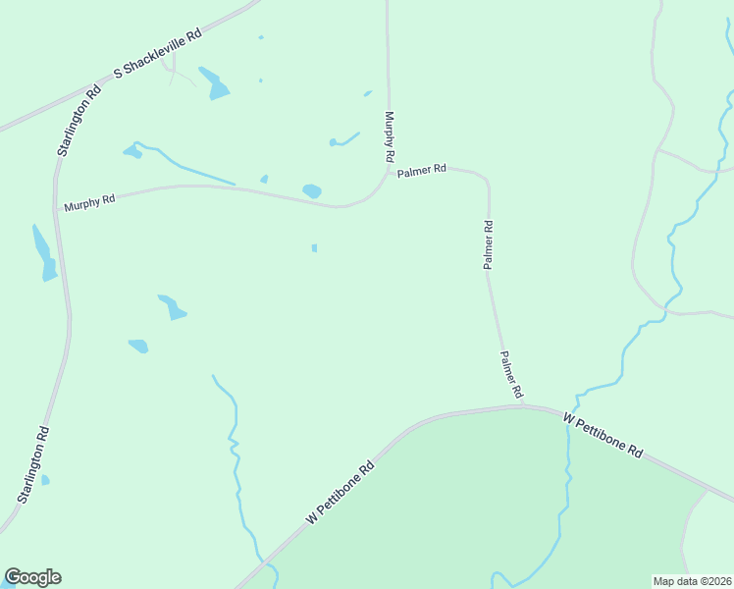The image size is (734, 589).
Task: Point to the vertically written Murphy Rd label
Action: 390,136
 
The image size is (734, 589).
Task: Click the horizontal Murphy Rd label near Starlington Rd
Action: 89,203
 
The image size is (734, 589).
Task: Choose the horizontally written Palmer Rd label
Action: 422,170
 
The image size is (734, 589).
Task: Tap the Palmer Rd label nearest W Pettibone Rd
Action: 511,374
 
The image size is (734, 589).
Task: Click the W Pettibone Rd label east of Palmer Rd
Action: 603,436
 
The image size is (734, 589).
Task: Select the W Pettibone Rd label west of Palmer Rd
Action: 341,492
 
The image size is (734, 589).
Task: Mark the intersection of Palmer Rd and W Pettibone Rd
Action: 524,404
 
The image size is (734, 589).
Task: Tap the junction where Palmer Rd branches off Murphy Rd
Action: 388,174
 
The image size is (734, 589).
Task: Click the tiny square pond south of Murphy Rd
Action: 314,247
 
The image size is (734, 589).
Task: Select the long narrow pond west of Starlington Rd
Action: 44,253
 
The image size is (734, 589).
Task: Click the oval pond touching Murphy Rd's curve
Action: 312,190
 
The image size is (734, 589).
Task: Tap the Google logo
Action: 32,577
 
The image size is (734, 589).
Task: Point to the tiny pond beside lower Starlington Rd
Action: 45,480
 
